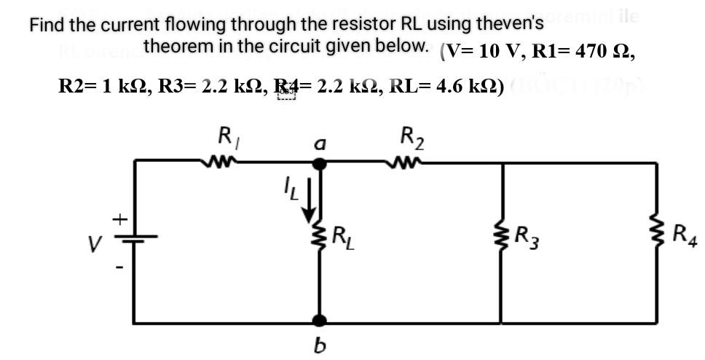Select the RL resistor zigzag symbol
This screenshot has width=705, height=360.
point(319,238)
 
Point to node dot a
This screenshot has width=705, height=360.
point(319,164)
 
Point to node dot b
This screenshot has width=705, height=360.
point(319,321)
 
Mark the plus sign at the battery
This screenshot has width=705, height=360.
point(116,218)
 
